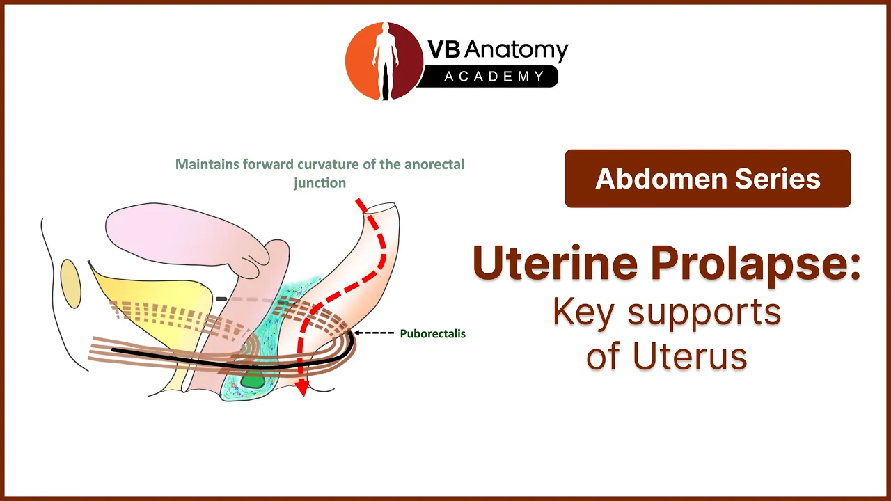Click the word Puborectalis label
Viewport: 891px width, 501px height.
pyautogui.click(x=432, y=333)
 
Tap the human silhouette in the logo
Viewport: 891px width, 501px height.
pyautogui.click(x=385, y=60)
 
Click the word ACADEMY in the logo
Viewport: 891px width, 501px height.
pyautogui.click(x=494, y=77)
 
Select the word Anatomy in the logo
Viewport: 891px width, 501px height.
pyautogui.click(x=517, y=49)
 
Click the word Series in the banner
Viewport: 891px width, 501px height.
pyautogui.click(x=778, y=179)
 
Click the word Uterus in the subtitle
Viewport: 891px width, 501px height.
pyautogui.click(x=690, y=356)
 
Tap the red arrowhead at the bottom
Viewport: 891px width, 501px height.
pyautogui.click(x=303, y=388)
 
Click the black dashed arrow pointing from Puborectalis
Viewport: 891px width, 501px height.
pyautogui.click(x=373, y=333)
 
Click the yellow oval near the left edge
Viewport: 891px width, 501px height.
pyautogui.click(x=70, y=283)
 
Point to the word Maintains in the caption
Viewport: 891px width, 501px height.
pyautogui.click(x=207, y=164)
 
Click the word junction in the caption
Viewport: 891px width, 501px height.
pyautogui.click(x=320, y=183)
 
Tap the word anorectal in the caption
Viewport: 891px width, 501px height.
pyautogui.click(x=434, y=164)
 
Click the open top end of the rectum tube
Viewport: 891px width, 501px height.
pyautogui.click(x=381, y=207)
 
